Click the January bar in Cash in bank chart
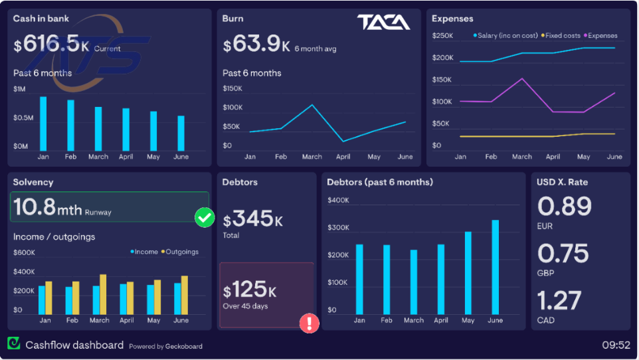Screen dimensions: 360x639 tap(43, 124)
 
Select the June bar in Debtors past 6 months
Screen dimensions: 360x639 tap(496, 266)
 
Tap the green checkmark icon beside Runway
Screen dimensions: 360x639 tap(205, 217)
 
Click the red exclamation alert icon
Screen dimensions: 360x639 tap(310, 323)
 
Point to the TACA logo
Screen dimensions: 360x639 tap(384, 23)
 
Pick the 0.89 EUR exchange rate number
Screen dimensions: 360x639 tap(565, 207)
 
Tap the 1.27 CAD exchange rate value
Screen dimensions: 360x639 tap(559, 301)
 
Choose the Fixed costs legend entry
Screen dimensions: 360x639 tap(561, 36)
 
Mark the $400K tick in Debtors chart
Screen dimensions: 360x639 tap(338, 200)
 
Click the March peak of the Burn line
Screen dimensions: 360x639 tap(312, 104)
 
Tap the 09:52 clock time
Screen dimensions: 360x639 tap(616, 345)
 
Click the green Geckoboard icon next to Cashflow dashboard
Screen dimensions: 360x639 tap(13, 343)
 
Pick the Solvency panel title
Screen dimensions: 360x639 tap(33, 182)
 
